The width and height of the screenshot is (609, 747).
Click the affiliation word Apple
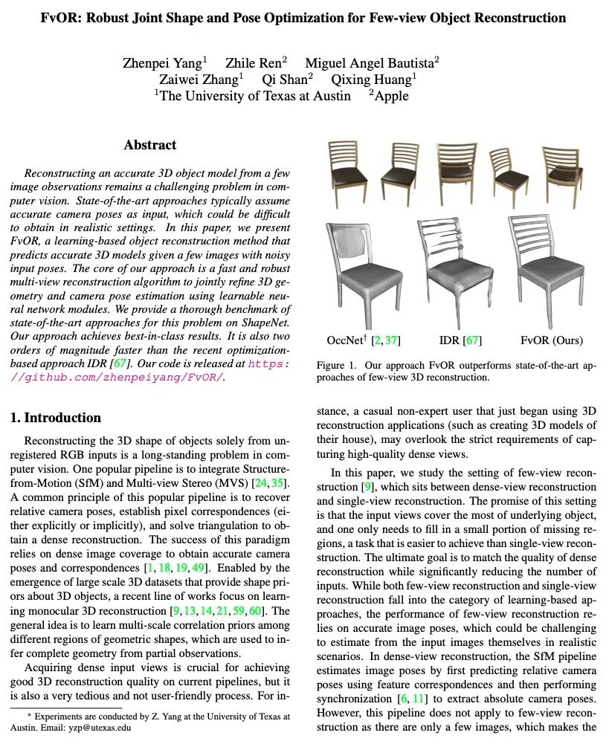393,96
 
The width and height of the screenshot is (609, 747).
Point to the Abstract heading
150,145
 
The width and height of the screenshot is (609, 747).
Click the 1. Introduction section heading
56,418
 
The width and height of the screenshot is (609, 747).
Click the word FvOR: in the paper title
60,17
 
